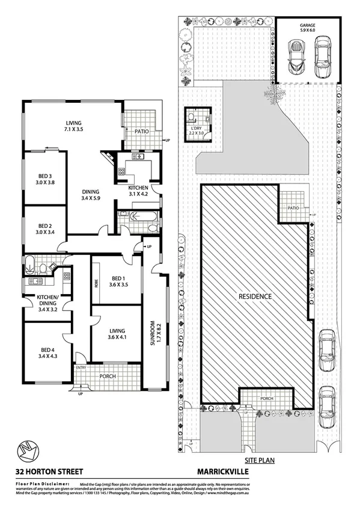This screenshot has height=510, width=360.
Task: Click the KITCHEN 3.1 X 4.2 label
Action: pyautogui.click(x=138, y=191)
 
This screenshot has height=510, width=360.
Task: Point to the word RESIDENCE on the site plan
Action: pyautogui.click(x=255, y=296)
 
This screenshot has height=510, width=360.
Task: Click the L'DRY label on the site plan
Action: pyautogui.click(x=197, y=131)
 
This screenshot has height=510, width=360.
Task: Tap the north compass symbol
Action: pyautogui.click(x=28, y=450)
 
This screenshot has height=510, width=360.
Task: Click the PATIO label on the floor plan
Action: pyautogui.click(x=141, y=131)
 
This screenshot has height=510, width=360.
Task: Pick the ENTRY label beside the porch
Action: pyautogui.click(x=81, y=367)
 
